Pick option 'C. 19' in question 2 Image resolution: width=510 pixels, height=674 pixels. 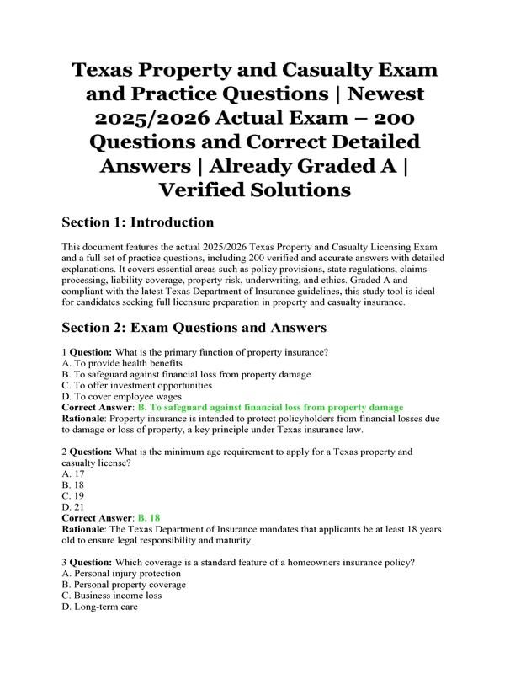click(76, 496)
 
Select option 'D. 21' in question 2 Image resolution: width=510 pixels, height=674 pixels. click(76, 507)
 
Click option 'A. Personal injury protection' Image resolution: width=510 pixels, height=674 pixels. click(121, 573)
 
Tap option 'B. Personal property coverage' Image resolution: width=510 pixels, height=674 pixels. click(124, 584)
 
